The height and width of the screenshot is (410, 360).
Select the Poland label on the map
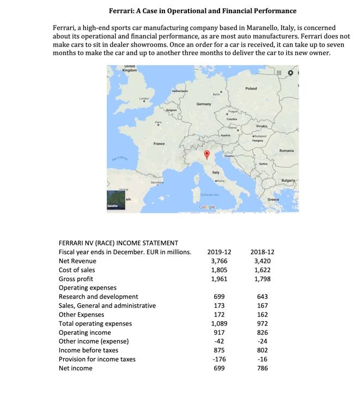click(x=251, y=88)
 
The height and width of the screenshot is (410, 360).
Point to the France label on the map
click(x=159, y=144)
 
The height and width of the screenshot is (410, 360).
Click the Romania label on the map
click(x=286, y=150)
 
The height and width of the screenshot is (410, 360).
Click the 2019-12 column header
click(x=219, y=252)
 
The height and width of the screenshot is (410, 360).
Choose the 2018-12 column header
click(x=263, y=252)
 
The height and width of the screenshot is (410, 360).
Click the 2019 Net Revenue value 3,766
click(x=219, y=261)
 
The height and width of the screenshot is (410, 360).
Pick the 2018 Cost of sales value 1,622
click(x=263, y=270)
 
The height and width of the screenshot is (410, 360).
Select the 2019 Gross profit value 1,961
click(x=219, y=279)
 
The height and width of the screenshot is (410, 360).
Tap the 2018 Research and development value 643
click(x=263, y=297)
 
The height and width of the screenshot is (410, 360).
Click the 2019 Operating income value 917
click(x=219, y=333)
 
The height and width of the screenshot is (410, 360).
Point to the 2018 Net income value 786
click(x=263, y=369)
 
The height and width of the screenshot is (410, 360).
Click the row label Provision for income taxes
click(x=97, y=359)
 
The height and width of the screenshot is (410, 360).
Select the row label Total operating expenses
click(x=95, y=323)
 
